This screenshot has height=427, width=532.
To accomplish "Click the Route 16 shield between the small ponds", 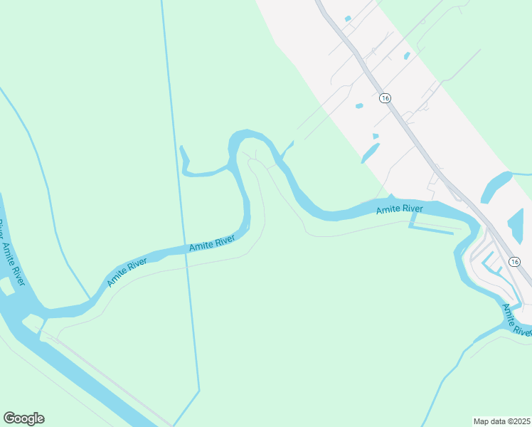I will (385, 98).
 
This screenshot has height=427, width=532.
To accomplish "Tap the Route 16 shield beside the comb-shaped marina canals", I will (514, 262).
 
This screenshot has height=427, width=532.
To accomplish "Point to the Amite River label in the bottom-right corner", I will (516, 320).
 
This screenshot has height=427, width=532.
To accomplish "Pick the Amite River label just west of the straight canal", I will (127, 273).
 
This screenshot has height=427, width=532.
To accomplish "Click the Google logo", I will (23, 418).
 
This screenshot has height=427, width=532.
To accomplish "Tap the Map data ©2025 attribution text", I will (501, 421).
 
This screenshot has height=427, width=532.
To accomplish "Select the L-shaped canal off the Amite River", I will (430, 229).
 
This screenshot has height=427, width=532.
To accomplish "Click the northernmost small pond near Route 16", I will (348, 19).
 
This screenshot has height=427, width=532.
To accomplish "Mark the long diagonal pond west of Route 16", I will (370, 153).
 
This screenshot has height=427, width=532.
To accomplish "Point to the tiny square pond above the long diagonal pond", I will (376, 136).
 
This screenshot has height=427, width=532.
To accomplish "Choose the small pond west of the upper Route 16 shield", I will (359, 106).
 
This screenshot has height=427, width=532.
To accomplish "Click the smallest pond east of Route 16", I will (406, 56).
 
